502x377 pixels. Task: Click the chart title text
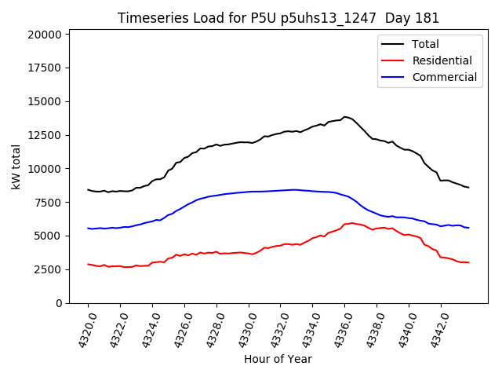pos(278,18)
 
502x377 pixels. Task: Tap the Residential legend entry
pos(442,60)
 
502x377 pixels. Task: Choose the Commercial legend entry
pos(444,77)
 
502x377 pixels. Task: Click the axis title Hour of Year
pos(278,359)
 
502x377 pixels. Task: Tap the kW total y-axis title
pos(16,168)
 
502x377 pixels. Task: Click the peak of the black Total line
pos(344,117)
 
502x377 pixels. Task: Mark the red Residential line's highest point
pos(351,223)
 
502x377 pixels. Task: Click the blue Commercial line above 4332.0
pos(280,190)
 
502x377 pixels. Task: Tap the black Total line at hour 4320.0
pos(88,189)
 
